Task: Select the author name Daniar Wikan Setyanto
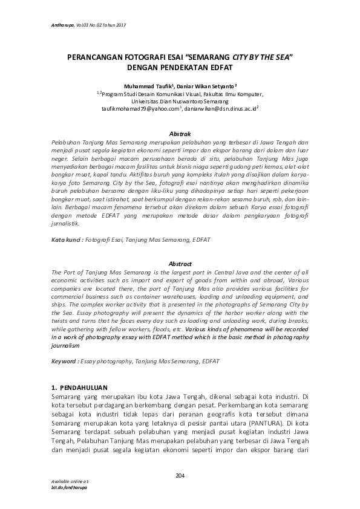tap(206, 86)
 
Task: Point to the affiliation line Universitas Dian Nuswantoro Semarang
tap(180, 102)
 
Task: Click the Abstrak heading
tap(180, 133)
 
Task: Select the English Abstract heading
tap(180, 264)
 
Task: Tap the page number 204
tap(180, 476)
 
